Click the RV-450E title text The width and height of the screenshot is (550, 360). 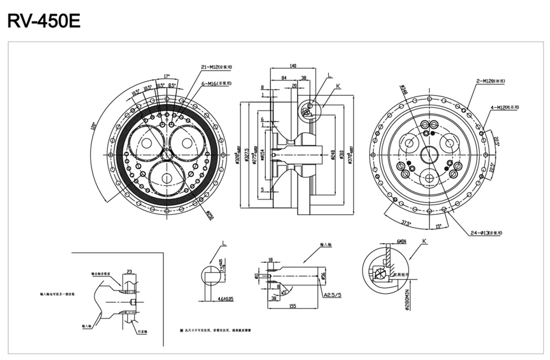(44, 21)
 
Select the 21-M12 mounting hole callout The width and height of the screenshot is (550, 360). (216, 67)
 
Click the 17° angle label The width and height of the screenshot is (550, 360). (167, 76)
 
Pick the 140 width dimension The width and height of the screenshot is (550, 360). (292, 66)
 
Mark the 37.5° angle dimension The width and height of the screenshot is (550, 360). (406, 223)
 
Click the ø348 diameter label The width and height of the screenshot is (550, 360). (402, 90)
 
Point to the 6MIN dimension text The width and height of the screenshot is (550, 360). (401, 241)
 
